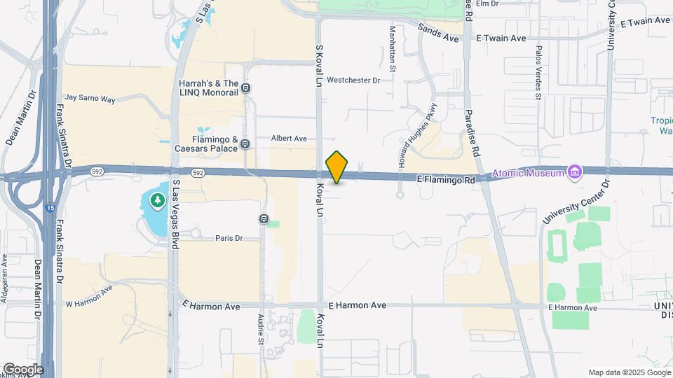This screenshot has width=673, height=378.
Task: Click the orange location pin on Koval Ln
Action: [x=337, y=167]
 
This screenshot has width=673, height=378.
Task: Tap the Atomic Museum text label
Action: [x=528, y=173]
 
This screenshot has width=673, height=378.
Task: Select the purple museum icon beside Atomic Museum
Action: [x=575, y=171]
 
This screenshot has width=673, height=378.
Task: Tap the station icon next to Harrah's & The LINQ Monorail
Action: [x=246, y=87]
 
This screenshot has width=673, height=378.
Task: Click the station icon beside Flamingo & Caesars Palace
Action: [x=245, y=144]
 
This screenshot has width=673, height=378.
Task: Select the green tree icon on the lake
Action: [x=158, y=202]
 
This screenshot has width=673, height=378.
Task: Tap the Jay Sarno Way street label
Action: [x=89, y=99]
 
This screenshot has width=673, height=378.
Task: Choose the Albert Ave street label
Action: [x=290, y=139]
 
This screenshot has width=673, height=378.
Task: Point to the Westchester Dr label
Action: [x=353, y=80]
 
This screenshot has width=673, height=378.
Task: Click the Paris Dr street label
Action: [x=229, y=238]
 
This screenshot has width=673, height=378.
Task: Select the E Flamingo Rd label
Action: [x=445, y=180]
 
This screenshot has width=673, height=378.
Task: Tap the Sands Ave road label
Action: [x=438, y=33]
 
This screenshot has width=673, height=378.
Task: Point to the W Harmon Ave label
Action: [x=89, y=296]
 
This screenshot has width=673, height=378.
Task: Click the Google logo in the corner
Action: [x=23, y=369]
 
